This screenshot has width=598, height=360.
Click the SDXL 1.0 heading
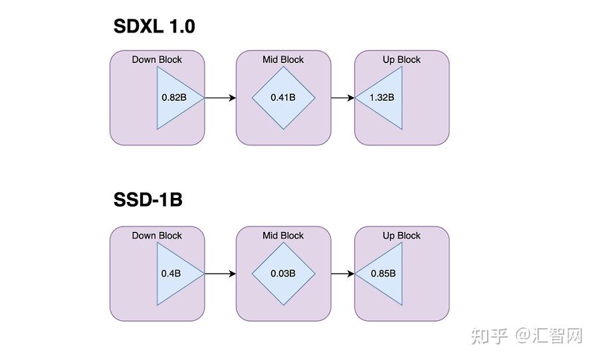pos(154,27)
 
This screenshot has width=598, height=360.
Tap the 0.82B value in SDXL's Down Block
pos(173,98)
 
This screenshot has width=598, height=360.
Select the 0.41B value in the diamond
pos(283,98)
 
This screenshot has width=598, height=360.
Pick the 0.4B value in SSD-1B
pos(171,274)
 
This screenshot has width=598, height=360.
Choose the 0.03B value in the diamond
pos(283,274)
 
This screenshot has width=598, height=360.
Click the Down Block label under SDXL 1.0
pos(157,60)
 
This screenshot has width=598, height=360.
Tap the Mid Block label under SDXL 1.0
pos(283,60)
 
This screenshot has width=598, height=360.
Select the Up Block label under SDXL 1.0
pos(401,60)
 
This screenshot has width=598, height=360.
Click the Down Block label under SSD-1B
pos(157,236)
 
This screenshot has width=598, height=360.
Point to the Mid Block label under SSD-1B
pos(283,236)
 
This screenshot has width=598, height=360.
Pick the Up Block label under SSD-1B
pos(401,236)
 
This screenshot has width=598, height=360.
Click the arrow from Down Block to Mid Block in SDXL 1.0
pos(220,98)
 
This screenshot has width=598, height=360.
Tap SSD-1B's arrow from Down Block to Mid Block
pos(220,274)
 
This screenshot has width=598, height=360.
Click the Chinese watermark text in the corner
pos(526,336)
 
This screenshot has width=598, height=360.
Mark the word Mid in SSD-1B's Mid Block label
pos(271,236)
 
